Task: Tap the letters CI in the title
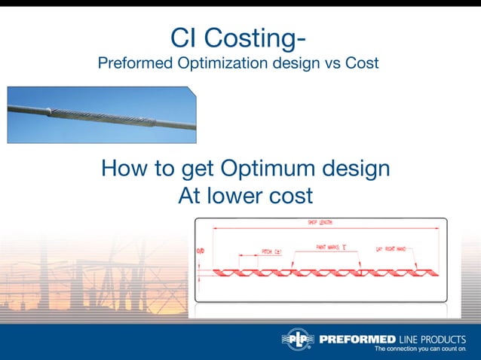[188, 38]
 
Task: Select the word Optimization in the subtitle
[216, 63]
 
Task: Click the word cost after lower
[290, 195]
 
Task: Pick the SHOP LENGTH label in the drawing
[320, 223]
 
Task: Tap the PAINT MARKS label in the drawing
[331, 246]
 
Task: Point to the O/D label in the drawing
[200, 251]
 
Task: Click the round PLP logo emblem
[297, 340]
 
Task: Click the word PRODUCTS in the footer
[444, 339]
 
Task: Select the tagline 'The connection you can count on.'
[420, 350]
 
